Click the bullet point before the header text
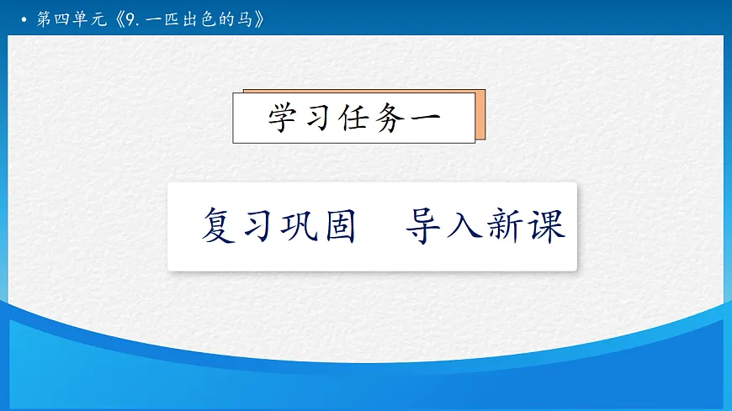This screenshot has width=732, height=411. pos(24,18)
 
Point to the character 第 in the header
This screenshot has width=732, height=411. pos(45,18)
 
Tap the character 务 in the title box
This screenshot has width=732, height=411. pos(389,119)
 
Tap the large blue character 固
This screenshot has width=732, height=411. pos(337,226)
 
